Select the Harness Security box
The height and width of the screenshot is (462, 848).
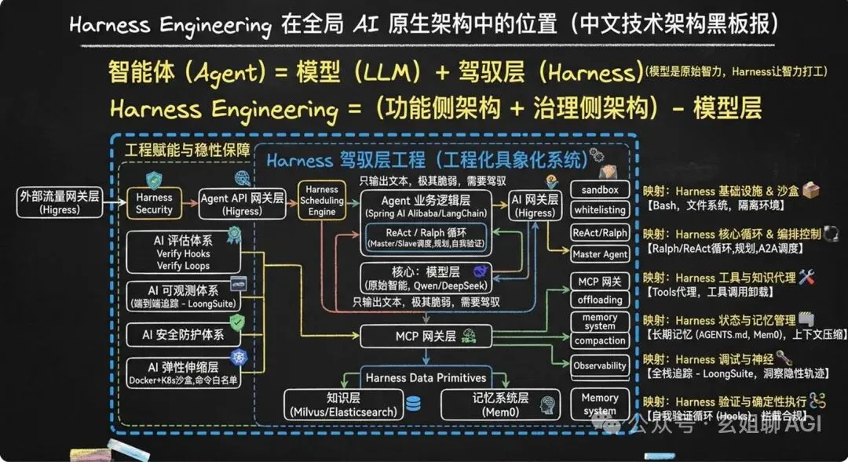tap(154, 203)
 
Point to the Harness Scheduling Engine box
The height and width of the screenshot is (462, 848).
tap(321, 200)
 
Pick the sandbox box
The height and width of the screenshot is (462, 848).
tap(600, 190)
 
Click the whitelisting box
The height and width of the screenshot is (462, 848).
tap(600, 210)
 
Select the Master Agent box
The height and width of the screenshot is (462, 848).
tap(600, 254)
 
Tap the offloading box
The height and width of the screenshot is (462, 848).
tap(600, 300)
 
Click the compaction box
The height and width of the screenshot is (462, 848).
tap(600, 341)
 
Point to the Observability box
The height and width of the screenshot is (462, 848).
tap(600, 366)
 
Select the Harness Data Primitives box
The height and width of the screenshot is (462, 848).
tap(426, 377)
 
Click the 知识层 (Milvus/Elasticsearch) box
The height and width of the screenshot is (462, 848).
tap(342, 403)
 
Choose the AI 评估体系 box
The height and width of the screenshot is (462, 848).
tap(181, 253)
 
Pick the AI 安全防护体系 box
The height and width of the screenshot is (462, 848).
tap(181, 335)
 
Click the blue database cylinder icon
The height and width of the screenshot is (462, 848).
tap(413, 404)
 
